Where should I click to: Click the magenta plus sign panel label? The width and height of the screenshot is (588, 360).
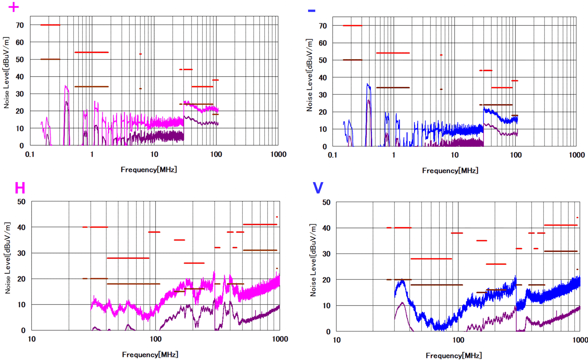(14, 7)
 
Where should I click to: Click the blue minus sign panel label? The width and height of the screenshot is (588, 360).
(312, 11)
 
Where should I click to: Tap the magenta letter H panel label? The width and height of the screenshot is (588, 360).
(20, 188)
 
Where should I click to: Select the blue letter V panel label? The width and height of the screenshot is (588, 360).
(318, 188)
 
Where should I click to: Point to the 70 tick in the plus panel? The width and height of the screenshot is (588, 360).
(20, 25)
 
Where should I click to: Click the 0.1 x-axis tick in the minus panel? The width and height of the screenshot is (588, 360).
(332, 155)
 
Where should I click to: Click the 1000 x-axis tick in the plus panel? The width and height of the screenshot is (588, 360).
(278, 154)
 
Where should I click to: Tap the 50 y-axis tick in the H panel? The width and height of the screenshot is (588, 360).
(22, 202)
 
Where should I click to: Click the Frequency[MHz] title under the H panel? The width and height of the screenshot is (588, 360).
(150, 355)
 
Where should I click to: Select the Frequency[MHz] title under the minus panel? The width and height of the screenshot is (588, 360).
(450, 170)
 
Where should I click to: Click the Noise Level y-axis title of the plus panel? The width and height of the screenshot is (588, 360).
(6, 72)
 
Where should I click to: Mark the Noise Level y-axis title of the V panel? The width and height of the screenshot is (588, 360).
(313, 260)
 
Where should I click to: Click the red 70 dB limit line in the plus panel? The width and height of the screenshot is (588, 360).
(50, 25)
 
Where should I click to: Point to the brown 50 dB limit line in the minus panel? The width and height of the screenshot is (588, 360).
(352, 60)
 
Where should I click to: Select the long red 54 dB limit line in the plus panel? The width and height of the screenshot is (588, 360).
(91, 52)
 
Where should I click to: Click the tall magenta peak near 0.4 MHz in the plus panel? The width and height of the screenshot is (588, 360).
(66, 87)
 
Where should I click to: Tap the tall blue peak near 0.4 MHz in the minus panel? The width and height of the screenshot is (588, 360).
(368, 85)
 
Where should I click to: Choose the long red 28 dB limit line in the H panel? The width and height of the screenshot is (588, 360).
(128, 258)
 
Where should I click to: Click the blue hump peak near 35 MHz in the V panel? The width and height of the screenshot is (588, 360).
(401, 282)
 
